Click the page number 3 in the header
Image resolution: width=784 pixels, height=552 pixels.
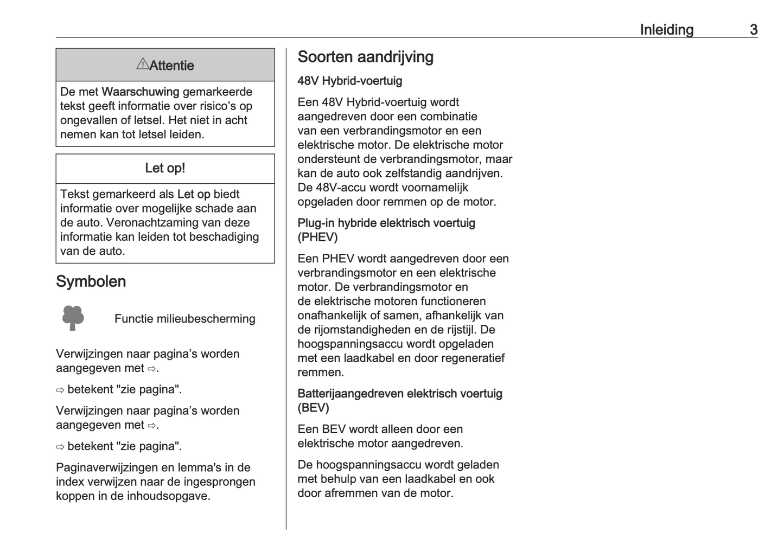coord(754,30)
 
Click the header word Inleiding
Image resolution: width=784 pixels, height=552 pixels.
coord(666,30)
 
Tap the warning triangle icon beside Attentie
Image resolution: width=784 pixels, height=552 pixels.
coord(142,64)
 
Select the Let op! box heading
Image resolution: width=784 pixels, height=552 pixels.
coord(165,168)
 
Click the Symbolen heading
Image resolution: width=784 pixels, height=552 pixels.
coord(91,281)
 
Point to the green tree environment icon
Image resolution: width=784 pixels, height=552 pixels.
coord(73,318)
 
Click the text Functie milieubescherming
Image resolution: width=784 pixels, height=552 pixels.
coord(184,319)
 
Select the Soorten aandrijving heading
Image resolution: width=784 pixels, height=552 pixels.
coord(365,57)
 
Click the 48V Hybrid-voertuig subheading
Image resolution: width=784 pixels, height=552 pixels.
coord(349,81)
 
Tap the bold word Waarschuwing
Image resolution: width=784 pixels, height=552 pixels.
coord(141,92)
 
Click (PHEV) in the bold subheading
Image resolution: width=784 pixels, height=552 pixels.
coord(317,238)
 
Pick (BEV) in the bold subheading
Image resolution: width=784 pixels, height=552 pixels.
coord(313,408)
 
